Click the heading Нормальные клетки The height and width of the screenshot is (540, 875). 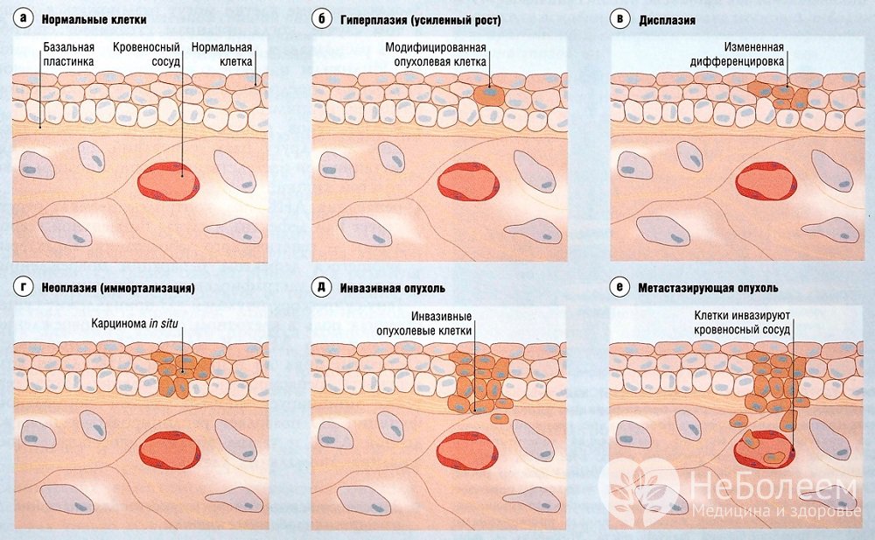(94, 19)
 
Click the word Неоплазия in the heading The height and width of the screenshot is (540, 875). (76, 288)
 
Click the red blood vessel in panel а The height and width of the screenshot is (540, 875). (169, 180)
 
